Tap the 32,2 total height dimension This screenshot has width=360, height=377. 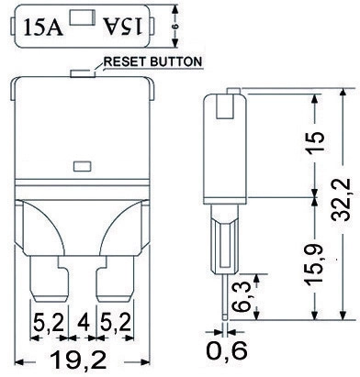tap(341, 200)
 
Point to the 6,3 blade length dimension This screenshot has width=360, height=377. tap(241, 297)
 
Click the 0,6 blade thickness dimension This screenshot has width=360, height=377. tap(227, 350)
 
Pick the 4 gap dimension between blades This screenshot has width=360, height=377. tap(82, 322)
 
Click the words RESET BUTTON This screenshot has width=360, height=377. tap(153, 61)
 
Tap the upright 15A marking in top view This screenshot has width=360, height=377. tap(43, 27)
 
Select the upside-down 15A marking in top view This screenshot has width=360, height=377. tap(123, 26)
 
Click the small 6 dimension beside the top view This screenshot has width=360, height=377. tap(175, 27)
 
